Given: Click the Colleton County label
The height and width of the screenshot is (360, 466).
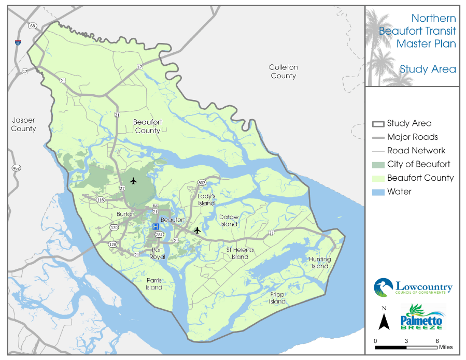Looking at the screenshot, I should (283, 71).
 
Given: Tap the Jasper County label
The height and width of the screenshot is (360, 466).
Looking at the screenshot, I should (23, 124).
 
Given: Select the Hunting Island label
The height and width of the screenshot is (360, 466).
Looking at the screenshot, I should (319, 263).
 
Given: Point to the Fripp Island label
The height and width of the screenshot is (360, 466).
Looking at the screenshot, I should (277, 298).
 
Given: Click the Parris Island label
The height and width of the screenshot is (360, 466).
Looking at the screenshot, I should (154, 284).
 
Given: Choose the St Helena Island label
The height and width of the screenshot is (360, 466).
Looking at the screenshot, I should (240, 253).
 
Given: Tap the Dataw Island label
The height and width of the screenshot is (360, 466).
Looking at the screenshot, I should (229, 221).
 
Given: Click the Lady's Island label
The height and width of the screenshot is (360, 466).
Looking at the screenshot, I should (206, 199).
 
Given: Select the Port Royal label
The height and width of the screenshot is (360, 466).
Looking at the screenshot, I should (158, 253).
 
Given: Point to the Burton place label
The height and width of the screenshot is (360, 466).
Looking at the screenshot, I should (125, 213).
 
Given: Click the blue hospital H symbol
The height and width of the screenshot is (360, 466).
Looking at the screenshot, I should (155, 227).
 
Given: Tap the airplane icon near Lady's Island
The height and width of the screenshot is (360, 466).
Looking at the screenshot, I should (197, 229).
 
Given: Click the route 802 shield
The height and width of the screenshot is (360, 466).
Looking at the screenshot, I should (202, 183).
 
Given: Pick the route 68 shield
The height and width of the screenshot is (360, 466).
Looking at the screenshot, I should (33, 25).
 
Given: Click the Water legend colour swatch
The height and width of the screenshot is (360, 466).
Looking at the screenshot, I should (378, 192).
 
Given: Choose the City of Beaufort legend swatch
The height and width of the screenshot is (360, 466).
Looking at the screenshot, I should (378, 165).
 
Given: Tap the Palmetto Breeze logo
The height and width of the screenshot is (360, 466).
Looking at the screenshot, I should (422, 318).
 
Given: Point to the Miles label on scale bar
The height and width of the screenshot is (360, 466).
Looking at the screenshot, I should (445, 346).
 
